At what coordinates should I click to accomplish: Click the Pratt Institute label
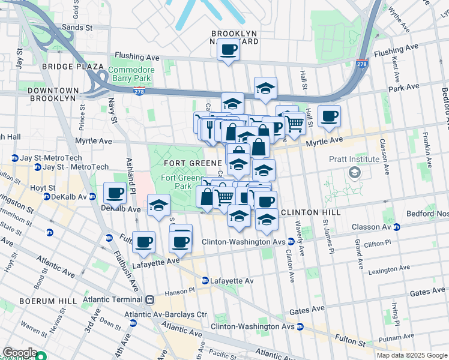click(x=354, y=159)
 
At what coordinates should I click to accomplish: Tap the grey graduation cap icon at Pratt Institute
click(x=354, y=173)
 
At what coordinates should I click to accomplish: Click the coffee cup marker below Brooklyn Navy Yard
click(x=229, y=50)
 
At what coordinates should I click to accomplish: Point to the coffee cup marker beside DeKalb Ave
click(x=115, y=193)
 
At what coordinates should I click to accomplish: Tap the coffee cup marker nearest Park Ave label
click(x=329, y=117)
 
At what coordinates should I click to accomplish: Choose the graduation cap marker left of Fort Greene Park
click(x=158, y=206)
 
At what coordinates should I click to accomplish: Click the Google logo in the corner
click(x=19, y=353)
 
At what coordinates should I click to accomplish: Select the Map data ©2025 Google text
click(x=411, y=355)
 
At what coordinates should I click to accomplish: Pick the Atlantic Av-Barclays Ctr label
click(x=165, y=314)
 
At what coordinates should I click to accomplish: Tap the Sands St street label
click(x=78, y=27)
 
